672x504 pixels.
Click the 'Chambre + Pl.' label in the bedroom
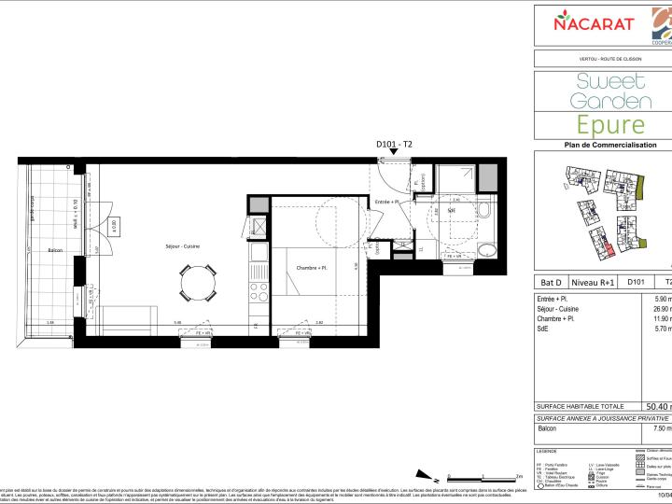311,268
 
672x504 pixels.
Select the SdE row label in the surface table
544,329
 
